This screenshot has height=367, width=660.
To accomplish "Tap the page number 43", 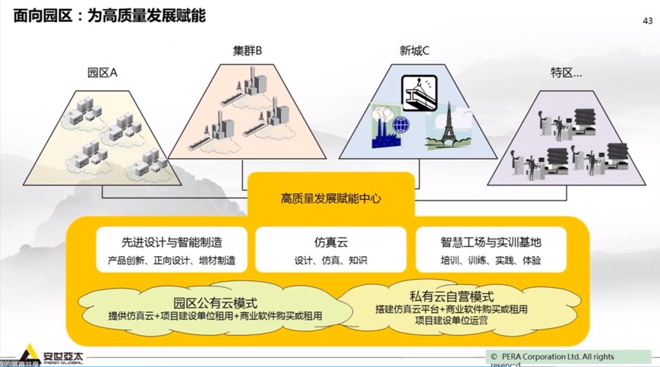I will coord(647,21).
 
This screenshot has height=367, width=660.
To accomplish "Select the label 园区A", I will coord(103,73).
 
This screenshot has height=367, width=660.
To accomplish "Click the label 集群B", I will coord(248,51).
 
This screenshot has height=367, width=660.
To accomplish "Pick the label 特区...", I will coord(566,73).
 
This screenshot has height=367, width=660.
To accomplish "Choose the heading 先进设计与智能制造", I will coord(172,242).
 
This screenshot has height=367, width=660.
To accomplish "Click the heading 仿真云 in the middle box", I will coord(330,242).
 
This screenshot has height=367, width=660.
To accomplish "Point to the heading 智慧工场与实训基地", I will coord(491,242).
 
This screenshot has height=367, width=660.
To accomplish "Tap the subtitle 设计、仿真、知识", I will coord(330,261).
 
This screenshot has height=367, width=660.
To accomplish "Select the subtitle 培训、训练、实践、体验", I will coord(491,261).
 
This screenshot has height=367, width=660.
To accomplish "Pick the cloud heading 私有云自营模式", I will coord(451,296).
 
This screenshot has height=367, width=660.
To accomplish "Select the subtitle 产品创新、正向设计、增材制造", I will coord(172,261).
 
